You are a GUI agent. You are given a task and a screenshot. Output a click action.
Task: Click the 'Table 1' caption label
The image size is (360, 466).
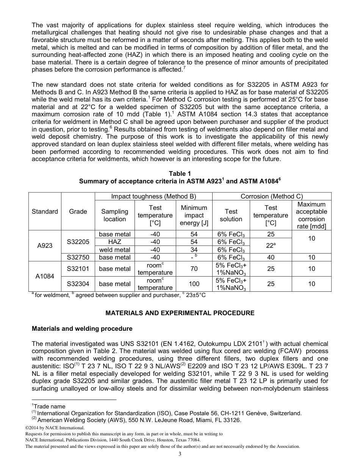180,174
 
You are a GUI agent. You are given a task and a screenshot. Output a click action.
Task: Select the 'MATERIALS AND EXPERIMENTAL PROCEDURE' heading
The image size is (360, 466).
180,313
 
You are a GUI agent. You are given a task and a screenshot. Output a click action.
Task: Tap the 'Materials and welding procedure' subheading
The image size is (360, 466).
82,328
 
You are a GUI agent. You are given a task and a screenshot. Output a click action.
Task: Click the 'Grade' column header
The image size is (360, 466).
78,211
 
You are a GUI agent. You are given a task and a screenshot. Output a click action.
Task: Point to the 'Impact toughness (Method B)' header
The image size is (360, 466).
153,196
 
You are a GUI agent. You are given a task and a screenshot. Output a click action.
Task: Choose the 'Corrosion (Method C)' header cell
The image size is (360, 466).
272,196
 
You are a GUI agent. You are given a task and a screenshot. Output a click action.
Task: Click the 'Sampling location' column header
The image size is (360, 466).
114,215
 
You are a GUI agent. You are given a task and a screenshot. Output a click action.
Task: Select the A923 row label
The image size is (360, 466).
45,246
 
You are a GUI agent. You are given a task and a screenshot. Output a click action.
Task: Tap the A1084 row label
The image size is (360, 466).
45,276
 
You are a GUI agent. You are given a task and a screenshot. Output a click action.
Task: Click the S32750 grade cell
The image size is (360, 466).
78,257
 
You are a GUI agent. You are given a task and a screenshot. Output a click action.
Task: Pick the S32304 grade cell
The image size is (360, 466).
78,284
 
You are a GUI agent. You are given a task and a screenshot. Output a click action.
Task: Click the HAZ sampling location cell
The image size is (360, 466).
114,242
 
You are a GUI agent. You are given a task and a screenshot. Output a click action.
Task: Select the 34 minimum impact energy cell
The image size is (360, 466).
194,250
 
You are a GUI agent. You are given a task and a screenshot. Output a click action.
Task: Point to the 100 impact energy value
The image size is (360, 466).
194,284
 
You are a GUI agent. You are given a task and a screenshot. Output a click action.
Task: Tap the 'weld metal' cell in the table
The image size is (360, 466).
114,250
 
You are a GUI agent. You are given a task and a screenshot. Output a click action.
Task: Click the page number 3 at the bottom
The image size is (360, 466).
180,454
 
